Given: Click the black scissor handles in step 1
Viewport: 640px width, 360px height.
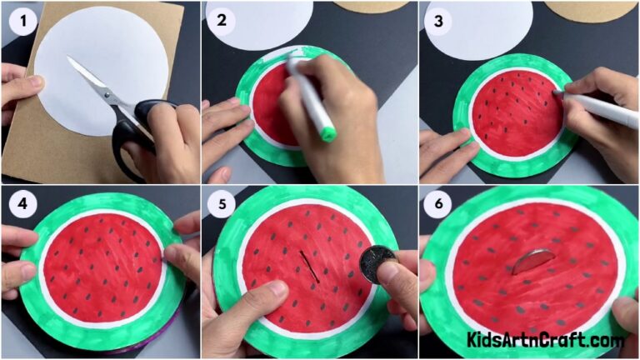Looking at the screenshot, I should [x=137, y=133].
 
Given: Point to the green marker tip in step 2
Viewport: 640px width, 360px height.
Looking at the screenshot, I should [x=327, y=132].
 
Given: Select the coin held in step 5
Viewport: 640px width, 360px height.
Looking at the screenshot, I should [x=377, y=264].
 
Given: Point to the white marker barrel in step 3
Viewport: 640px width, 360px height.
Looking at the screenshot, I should [x=604, y=110].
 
